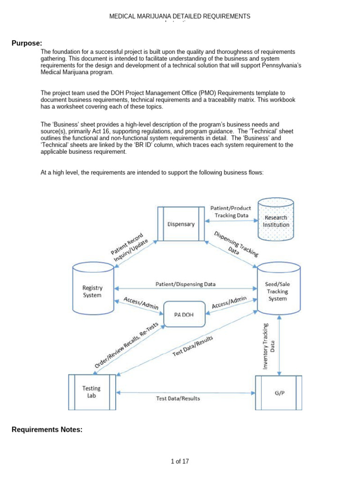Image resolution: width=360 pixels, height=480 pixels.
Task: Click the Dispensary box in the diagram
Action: coord(181,224)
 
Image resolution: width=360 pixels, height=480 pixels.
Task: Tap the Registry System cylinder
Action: coord(92,291)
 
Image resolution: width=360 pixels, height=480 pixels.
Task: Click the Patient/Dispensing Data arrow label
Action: coord(186,284)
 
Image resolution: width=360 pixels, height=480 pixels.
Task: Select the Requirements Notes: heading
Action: coord(47,429)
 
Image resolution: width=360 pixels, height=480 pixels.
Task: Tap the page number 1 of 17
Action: coord(180,461)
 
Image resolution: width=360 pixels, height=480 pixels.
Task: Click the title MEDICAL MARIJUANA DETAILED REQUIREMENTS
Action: coord(180,16)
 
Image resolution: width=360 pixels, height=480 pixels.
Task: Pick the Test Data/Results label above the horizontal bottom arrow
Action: coord(178,398)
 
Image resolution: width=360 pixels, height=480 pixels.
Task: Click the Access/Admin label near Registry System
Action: coord(141,303)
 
